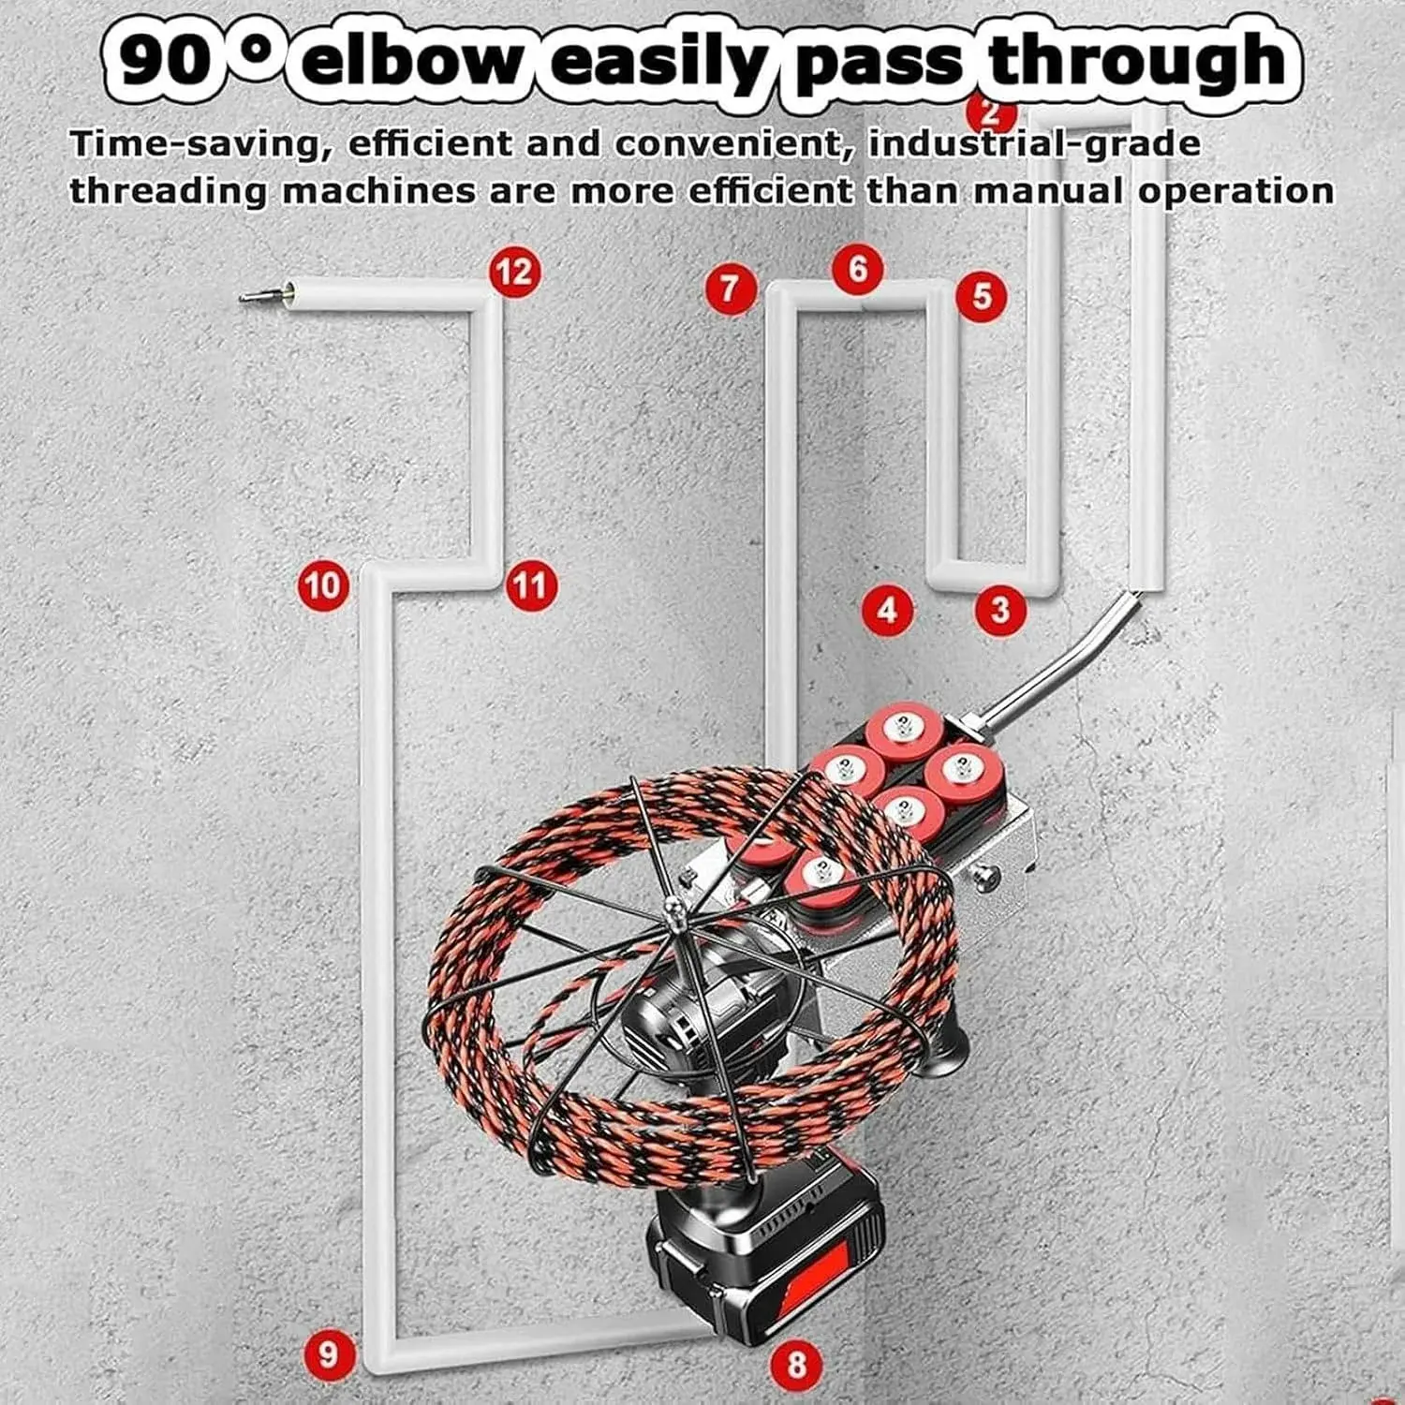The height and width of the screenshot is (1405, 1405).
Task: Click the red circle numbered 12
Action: point(514,273)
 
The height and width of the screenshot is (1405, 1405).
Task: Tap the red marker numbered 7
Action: point(731,288)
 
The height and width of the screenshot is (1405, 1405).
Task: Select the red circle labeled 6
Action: point(858,270)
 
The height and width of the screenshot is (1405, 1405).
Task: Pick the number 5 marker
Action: point(981,296)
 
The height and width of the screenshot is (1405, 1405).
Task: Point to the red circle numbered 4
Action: point(887,611)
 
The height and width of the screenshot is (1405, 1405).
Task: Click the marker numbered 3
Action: point(1000,611)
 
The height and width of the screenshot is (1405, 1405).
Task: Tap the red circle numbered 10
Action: point(322,586)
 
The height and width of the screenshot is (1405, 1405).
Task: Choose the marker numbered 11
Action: point(530,586)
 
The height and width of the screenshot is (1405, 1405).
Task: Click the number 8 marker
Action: point(796,1364)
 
